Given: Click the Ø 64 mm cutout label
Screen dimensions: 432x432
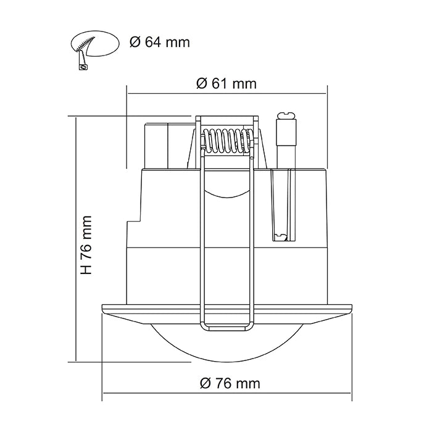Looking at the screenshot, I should pos(159,42).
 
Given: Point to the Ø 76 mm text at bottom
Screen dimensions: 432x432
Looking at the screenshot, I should pos(230,383).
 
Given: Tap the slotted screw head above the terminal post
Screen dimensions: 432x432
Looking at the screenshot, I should pos(286,115).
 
